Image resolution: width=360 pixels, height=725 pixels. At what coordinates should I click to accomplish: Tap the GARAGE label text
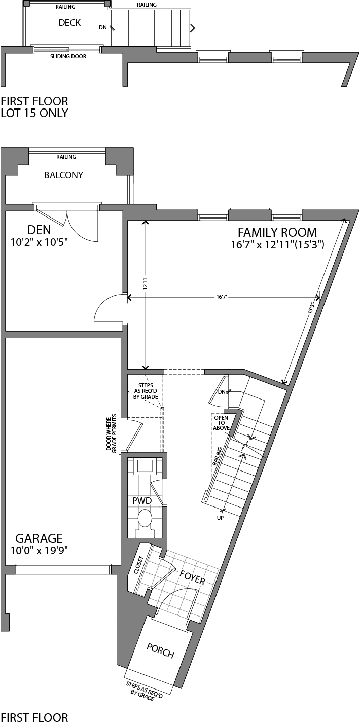click(x=39, y=538)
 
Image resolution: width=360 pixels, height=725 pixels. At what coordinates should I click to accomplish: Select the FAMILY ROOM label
click(x=277, y=233)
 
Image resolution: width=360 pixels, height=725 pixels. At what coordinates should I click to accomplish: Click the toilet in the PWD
click(x=145, y=519)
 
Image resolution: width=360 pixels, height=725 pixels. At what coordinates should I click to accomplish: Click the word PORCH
click(x=160, y=650)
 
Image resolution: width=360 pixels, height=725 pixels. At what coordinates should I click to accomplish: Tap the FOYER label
click(x=192, y=577)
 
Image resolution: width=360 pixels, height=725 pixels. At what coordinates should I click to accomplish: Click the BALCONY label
click(x=63, y=175)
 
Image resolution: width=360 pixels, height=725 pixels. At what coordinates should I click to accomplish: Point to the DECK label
click(x=69, y=23)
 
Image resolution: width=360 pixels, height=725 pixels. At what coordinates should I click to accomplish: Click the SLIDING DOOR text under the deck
click(x=68, y=56)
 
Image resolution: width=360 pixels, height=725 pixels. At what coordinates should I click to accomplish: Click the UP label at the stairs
click(x=220, y=518)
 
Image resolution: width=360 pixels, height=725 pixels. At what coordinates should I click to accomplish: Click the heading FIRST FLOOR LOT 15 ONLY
click(x=34, y=107)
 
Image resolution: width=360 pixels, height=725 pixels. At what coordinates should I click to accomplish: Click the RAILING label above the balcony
click(x=66, y=157)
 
